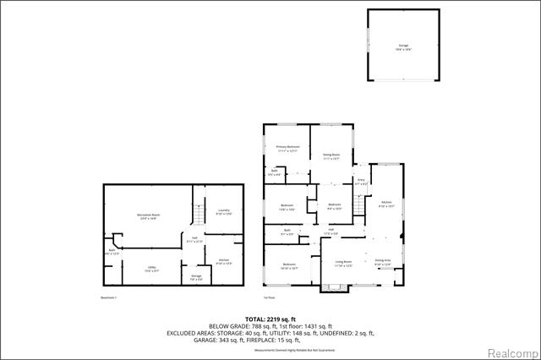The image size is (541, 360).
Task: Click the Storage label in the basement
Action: pyautogui.click(x=196, y=277)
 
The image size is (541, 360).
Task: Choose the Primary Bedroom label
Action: pyautogui.click(x=287, y=148)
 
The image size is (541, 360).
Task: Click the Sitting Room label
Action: pyautogui.click(x=331, y=155)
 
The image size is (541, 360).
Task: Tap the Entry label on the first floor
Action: pyautogui.click(x=361, y=181)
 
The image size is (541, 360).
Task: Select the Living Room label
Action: pyautogui.click(x=342, y=264)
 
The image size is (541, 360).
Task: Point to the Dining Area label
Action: pyautogui.click(x=382, y=261)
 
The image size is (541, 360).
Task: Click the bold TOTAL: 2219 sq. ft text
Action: pyautogui.click(x=270, y=319)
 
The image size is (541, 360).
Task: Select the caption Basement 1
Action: pyautogui.click(x=107, y=297)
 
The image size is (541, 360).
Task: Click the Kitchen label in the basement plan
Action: pyautogui.click(x=223, y=261)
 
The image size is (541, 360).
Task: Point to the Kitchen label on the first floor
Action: pyautogui.click(x=385, y=204)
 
